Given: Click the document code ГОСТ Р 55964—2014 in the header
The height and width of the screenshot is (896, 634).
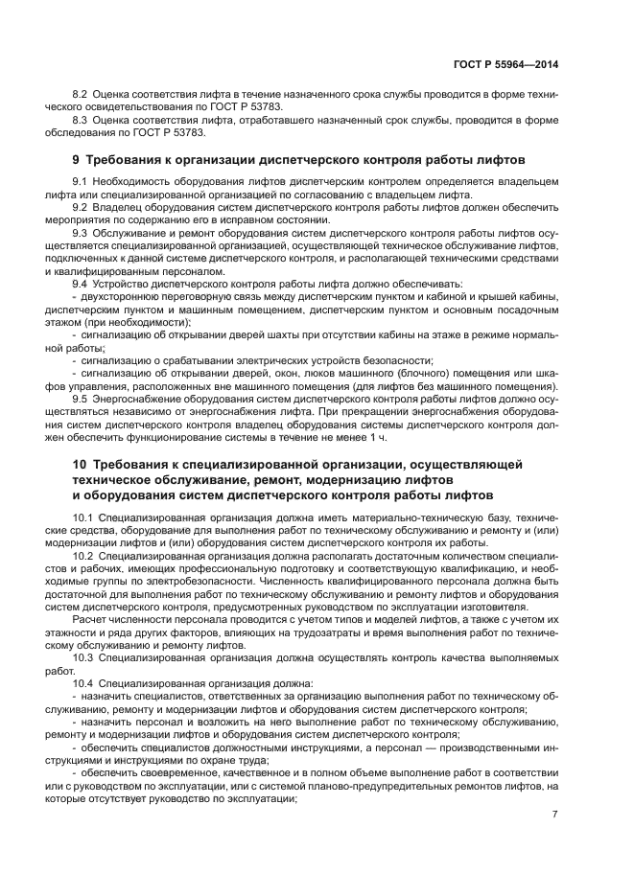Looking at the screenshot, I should point(505,64).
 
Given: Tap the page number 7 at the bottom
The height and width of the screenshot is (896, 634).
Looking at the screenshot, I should point(554,815).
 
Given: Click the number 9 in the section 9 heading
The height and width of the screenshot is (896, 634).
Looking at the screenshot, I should point(77,159).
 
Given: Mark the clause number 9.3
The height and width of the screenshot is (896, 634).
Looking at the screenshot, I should point(81,233).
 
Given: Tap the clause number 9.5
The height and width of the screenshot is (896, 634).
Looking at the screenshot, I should point(81,398).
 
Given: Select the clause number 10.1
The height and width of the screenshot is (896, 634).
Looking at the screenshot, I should point(83,517).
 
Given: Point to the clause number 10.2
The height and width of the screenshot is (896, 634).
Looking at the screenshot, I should point(83,556).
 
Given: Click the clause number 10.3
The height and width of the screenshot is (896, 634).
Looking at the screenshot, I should point(83,657).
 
